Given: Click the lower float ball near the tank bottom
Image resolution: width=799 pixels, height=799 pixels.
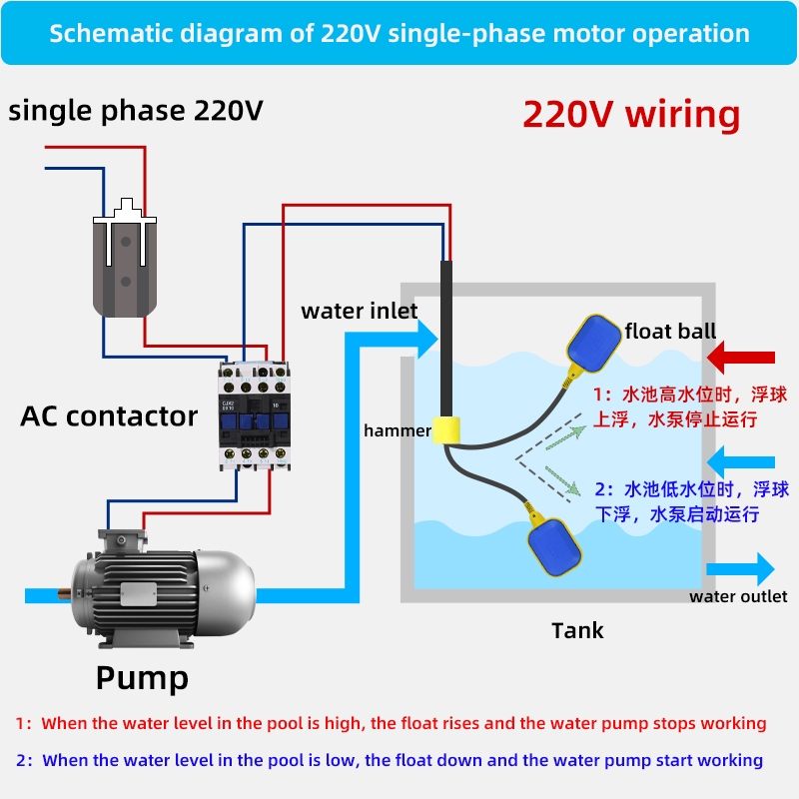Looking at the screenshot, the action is coord(554,546).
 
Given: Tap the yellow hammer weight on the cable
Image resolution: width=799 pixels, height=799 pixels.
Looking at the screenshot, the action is coord(445,429).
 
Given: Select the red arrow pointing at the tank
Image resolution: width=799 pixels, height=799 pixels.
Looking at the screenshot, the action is coord(741,358).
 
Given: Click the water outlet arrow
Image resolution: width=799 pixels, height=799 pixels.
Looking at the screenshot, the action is coord(740,568).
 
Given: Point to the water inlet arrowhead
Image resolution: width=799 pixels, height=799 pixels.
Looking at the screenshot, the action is coord(427,339).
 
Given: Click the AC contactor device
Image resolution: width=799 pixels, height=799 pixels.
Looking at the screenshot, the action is coord(255,415).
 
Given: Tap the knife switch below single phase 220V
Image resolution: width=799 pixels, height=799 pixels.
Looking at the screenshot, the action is coord(125,258).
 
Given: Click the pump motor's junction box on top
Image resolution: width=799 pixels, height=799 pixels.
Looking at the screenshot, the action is coord(122,540).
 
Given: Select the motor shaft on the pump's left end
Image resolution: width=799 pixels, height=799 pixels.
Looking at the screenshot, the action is coord(64,593).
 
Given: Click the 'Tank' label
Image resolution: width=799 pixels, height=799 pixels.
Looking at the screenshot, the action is coord(577,631).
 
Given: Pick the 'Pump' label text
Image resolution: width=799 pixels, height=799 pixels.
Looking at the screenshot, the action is coord(142,678).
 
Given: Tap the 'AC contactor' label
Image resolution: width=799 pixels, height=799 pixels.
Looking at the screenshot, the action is coord(109,416).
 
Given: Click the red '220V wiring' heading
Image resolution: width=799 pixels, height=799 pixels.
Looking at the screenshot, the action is coord(631,114).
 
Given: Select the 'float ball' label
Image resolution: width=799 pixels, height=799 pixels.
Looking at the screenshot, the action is coord(670,332).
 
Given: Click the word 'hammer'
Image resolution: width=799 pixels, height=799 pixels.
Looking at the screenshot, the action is coord(398,430).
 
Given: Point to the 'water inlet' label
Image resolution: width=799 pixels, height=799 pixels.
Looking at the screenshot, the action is coord(360,311).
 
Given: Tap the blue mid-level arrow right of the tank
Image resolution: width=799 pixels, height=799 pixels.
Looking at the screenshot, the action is coord(741,462).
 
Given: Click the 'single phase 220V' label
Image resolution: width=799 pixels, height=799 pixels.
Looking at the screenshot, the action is coord(136,111).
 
